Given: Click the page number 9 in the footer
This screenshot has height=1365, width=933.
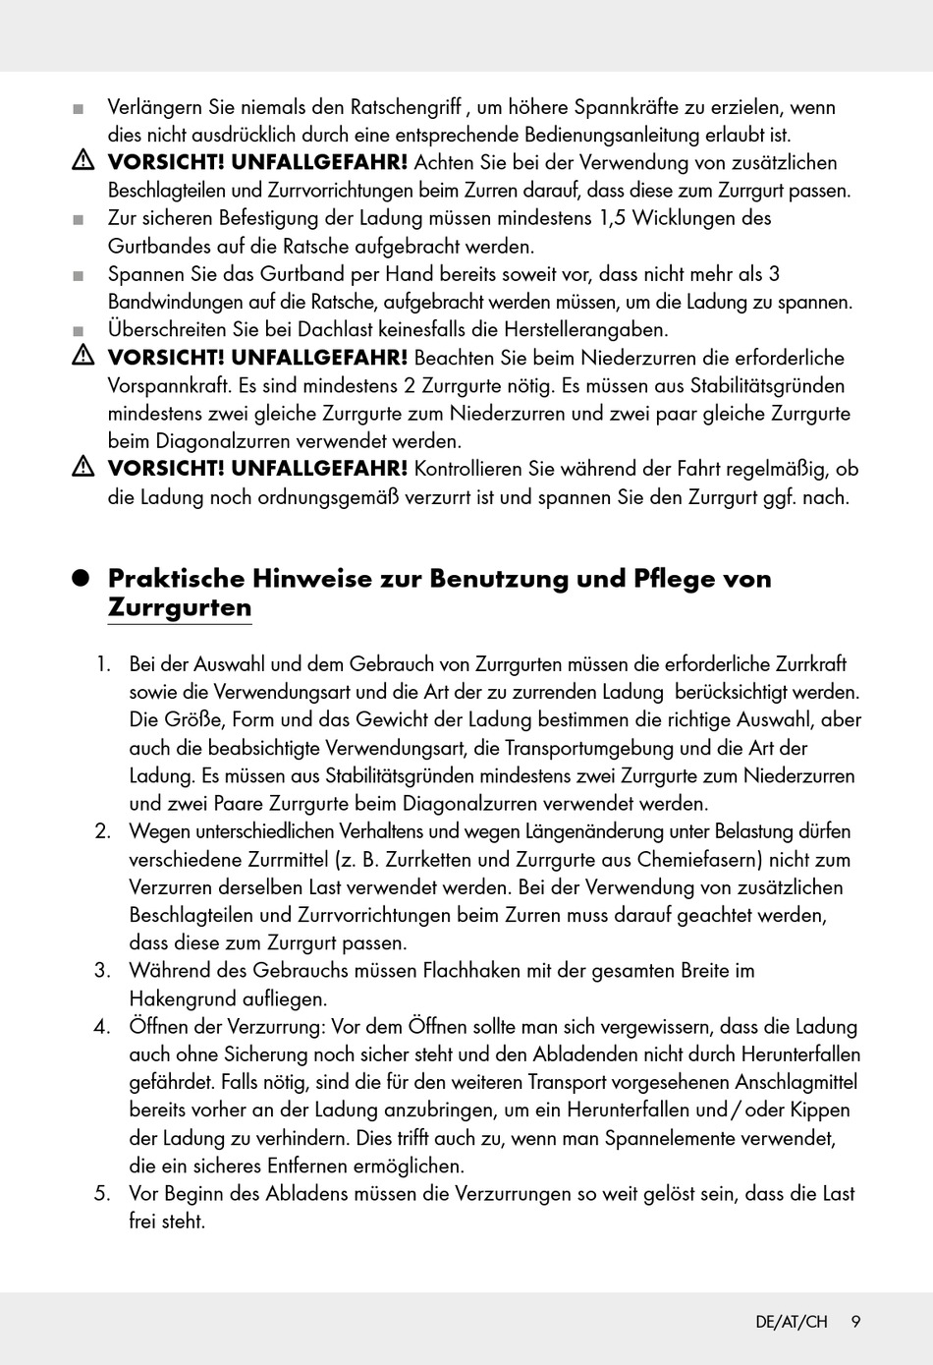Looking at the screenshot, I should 855,1322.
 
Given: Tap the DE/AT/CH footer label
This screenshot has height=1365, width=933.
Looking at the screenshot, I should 792,1322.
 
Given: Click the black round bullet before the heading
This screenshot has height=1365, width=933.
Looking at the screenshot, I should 82,579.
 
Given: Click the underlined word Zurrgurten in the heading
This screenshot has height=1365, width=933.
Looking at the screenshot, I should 180,607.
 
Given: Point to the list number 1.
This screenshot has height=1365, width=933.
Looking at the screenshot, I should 102,664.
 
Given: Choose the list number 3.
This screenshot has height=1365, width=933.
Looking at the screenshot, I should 102,971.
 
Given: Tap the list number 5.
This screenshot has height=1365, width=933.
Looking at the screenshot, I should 102,1194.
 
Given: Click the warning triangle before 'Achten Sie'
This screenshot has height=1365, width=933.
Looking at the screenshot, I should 82,162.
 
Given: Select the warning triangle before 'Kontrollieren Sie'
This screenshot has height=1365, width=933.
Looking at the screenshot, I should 82,469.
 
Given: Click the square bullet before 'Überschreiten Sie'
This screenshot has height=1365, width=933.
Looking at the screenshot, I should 79,331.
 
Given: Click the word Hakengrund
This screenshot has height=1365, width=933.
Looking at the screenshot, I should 178,999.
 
